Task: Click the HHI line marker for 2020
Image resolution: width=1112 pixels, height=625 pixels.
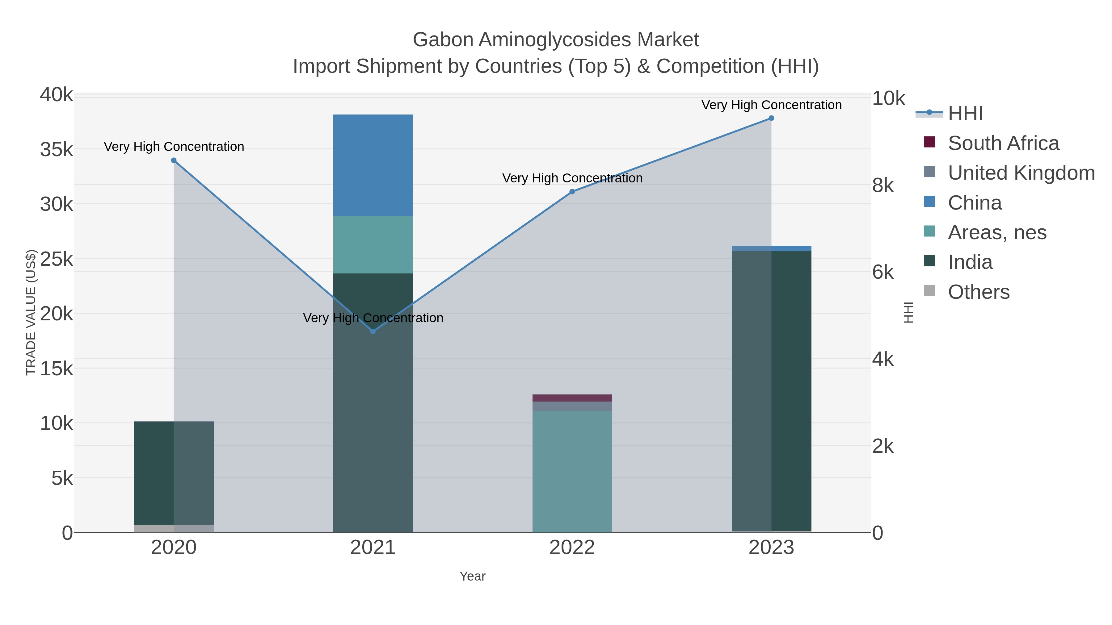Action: tap(174, 160)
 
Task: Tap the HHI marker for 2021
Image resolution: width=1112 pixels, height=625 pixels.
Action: tap(373, 331)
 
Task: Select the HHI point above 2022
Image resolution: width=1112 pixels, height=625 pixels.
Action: tap(572, 191)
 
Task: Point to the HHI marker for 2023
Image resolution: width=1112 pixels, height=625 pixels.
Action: tap(771, 118)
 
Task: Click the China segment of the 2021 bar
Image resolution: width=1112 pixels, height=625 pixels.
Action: tap(373, 165)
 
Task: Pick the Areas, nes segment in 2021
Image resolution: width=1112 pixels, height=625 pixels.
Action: tap(373, 244)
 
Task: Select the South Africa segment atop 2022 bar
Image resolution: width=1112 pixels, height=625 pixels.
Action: tap(572, 398)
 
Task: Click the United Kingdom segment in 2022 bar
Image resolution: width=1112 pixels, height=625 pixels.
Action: tap(572, 406)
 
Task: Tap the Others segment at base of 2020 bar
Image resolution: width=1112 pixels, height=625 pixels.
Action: tap(174, 528)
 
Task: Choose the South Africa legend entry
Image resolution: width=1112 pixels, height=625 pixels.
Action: tap(1003, 143)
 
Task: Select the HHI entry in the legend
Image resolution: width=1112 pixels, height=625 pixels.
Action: tap(965, 114)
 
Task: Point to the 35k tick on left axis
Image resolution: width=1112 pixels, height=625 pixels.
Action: tap(57, 150)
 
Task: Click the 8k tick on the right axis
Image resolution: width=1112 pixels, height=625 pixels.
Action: tap(883, 185)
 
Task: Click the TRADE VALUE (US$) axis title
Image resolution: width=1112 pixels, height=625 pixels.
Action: tap(31, 312)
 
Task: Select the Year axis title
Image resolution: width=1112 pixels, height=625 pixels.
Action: tap(472, 576)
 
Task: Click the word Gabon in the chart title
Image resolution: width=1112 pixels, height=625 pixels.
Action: tap(443, 40)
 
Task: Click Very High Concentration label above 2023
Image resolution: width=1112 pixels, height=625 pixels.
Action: tap(771, 105)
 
